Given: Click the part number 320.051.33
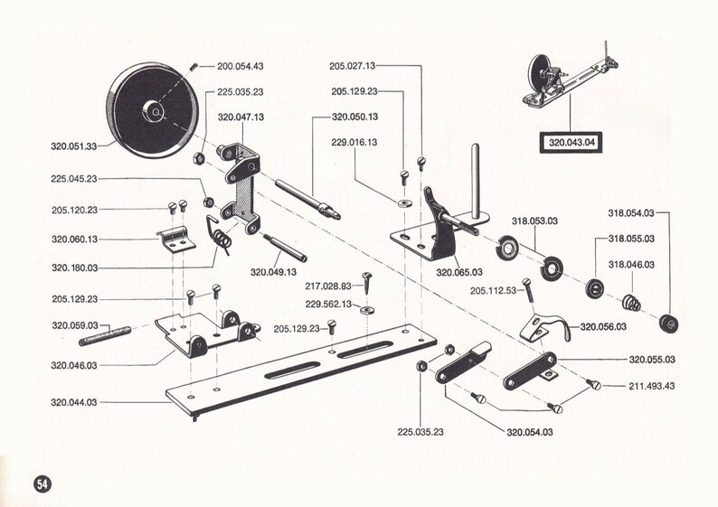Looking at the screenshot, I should (76, 145).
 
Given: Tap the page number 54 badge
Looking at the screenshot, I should (42, 483).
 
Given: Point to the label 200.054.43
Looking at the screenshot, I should (240, 66).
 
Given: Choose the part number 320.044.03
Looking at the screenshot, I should (76, 400).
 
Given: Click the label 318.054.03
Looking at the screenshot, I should (631, 213).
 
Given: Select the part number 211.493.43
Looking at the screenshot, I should (652, 386).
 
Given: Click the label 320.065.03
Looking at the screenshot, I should (459, 271).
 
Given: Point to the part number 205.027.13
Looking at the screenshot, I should (353, 66).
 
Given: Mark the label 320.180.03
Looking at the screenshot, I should (76, 268).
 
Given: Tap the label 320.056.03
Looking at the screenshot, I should (603, 326).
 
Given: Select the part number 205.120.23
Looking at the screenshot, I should (76, 210).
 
